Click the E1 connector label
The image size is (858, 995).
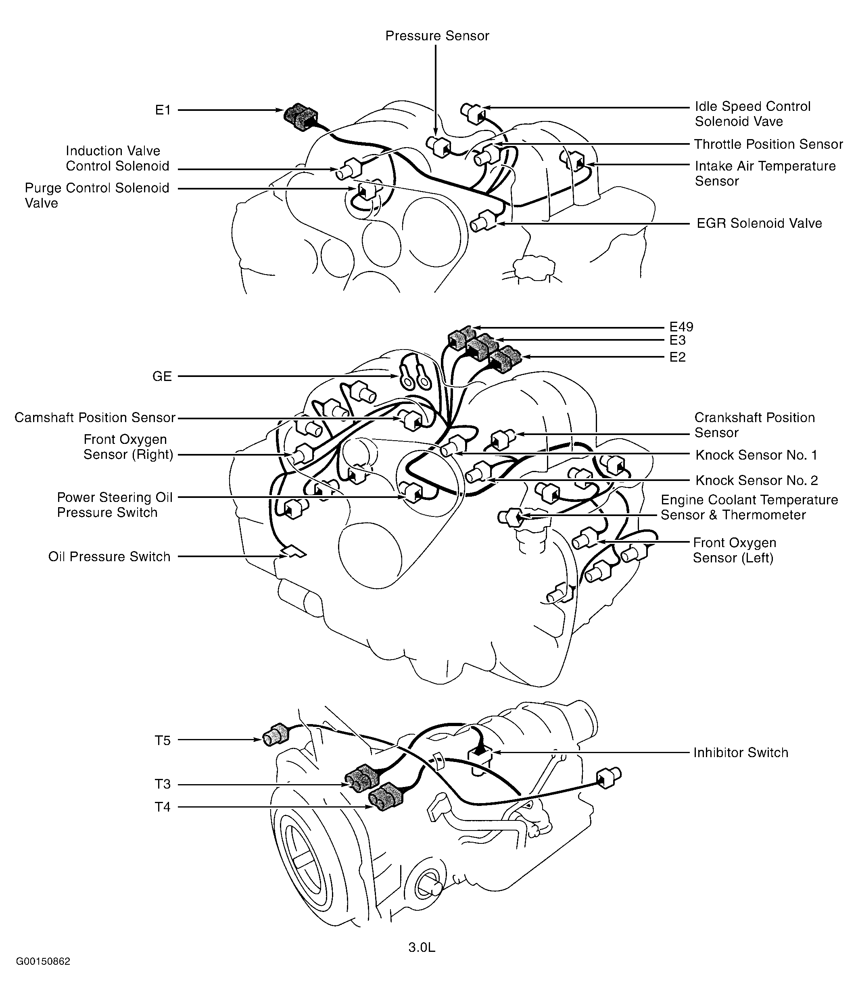pyautogui.click(x=163, y=110)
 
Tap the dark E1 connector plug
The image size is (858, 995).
pyautogui.click(x=300, y=117)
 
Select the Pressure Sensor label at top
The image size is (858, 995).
pyautogui.click(x=437, y=36)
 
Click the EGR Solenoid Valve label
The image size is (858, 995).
pyautogui.click(x=759, y=223)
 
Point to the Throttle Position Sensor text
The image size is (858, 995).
pyautogui.click(x=768, y=144)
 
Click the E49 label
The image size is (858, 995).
pyautogui.click(x=681, y=327)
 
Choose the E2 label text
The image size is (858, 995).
pyautogui.click(x=677, y=357)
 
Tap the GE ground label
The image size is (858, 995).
pyautogui.click(x=162, y=377)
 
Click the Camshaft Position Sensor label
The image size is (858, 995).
pyautogui.click(x=95, y=418)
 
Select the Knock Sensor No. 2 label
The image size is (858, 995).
pyautogui.click(x=756, y=480)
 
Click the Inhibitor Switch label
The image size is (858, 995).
pyautogui.click(x=740, y=752)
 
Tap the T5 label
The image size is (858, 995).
pyautogui.click(x=163, y=741)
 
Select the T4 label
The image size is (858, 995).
pyautogui.click(x=163, y=807)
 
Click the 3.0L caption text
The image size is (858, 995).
pyautogui.click(x=421, y=947)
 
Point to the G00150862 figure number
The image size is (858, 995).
pyautogui.click(x=43, y=975)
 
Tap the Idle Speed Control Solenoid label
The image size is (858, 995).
pyautogui.click(x=752, y=114)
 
